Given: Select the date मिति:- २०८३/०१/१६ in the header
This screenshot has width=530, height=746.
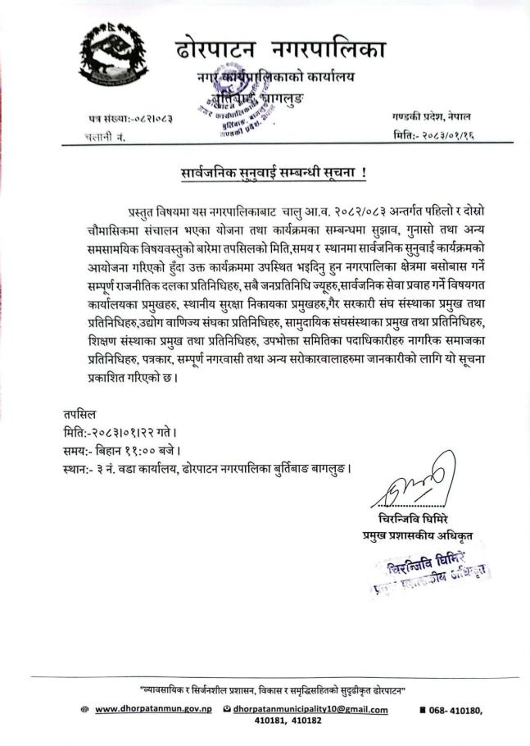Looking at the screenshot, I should coord(433,134).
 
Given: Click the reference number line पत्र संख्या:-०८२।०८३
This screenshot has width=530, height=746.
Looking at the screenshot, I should coord(131,120).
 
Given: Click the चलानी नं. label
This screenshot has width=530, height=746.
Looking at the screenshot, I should coord(106,136).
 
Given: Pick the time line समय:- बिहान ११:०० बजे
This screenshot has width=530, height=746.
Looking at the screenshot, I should coord(121,451).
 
